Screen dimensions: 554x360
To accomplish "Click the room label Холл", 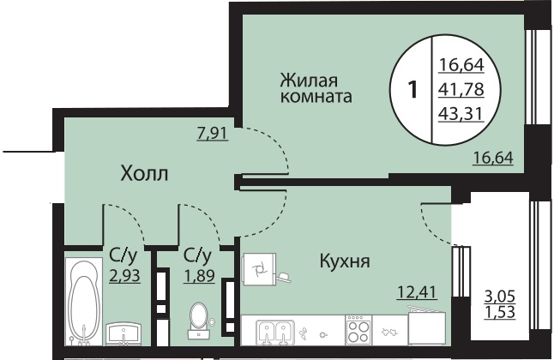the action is tap(144, 174).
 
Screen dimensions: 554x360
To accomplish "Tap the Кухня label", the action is tap(345, 261).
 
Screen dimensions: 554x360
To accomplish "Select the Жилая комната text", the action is tap(316, 88).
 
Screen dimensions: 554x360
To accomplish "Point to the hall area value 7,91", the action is tap(213, 134).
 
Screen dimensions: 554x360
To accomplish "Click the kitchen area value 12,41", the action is tap(418, 292).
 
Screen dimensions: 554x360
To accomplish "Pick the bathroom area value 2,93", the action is tap(124, 275).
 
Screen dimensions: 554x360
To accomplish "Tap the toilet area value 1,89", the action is tap(199, 275).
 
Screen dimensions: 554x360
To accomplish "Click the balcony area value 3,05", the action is tap(500, 297).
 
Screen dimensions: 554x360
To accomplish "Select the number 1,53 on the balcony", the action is tap(500, 312).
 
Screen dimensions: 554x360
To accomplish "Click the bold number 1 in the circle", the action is tap(412, 89).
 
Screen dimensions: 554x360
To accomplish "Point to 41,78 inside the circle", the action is tap(461, 89).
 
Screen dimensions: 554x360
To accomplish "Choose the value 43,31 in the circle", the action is tap(461, 114).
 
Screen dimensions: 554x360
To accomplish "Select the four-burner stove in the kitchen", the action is tap(358, 330).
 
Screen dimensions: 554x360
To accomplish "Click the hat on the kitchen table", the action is tap(284, 277).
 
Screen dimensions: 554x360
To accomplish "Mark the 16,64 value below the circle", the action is tap(493, 158).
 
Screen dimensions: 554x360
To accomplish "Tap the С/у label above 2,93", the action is tap(123, 255).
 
